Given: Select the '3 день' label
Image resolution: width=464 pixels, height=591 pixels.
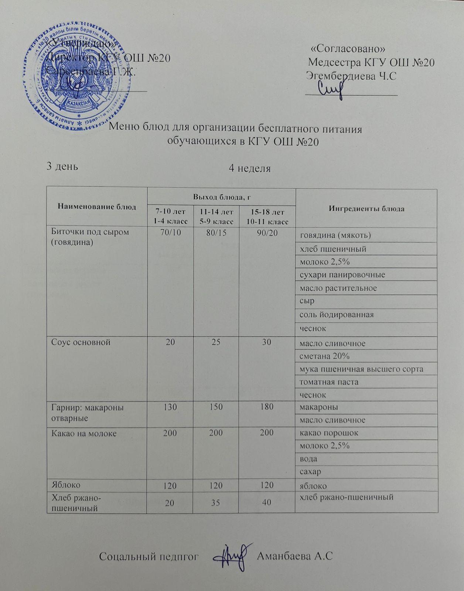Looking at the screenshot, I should point(62,166).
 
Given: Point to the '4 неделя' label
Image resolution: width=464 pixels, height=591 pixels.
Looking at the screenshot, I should point(250,169).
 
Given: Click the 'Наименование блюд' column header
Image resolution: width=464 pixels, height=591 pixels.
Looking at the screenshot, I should point(97,206).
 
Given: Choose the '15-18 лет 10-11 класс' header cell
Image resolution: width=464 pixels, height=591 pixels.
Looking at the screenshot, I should point(267,217).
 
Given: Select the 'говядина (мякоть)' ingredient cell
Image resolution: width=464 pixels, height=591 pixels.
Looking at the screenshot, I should point(335,235).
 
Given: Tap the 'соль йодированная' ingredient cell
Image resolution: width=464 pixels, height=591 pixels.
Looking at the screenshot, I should point(337,315).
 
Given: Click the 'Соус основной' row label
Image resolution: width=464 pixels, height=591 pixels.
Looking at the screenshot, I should point(81,342).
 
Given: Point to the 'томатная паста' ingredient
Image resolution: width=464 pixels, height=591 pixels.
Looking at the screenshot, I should point(329,382).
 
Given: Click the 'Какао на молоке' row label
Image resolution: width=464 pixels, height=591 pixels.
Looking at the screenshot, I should point(84,433).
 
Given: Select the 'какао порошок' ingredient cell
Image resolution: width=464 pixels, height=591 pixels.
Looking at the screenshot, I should point(329,433).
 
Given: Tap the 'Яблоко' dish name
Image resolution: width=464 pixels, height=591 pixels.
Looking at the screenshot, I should point(65,484).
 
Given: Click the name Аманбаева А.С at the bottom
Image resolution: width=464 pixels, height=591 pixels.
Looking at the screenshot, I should point(294,556).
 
